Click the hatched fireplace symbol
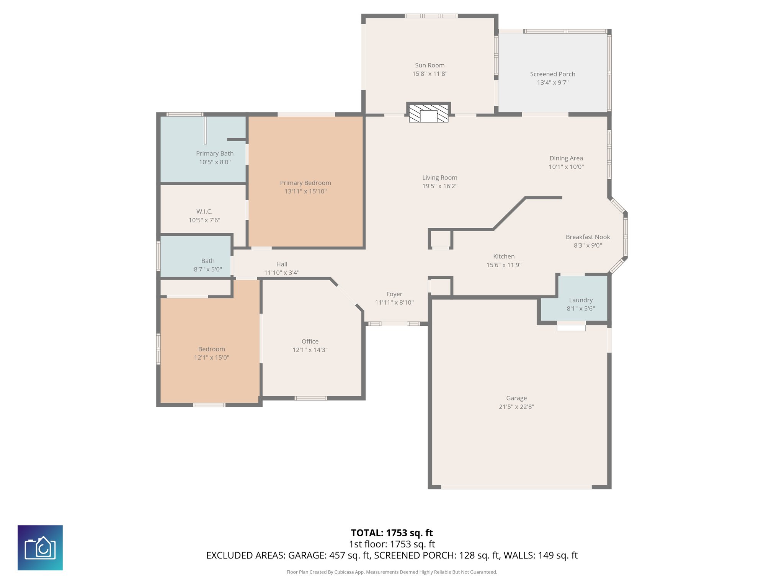(428, 113)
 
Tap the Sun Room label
(430, 65)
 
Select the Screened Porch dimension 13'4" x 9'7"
(552, 83)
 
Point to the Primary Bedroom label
(305, 183)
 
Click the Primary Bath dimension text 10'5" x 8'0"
(214, 162)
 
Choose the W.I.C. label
(204, 212)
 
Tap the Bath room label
(207, 261)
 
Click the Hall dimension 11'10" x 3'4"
(281, 273)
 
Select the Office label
(310, 341)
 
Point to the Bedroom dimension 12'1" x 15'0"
(211, 358)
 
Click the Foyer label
(394, 294)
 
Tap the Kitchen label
(503, 256)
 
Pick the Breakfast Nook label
(588, 237)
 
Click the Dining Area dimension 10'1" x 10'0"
(566, 167)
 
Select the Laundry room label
(580, 300)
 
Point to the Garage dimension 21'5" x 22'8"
(516, 407)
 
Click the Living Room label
(439, 178)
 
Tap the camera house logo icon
(40, 547)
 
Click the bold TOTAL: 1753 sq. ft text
(392, 533)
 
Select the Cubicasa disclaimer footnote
(392, 572)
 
